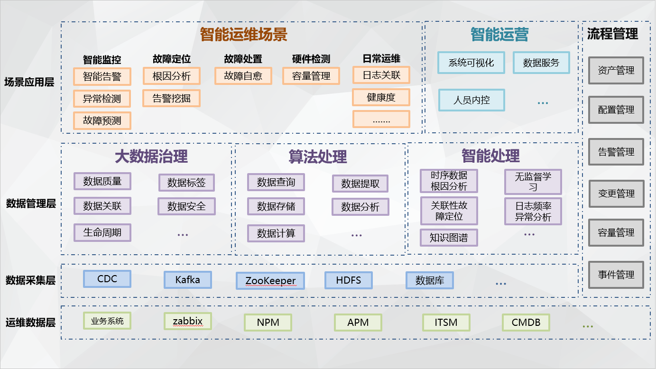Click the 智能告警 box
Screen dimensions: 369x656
tap(102, 76)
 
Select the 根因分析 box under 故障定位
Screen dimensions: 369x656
tap(171, 76)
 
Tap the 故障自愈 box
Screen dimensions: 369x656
tap(243, 76)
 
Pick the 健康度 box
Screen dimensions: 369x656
tap(381, 97)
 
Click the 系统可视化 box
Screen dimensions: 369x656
tap(471, 63)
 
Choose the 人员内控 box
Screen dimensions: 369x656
tap(471, 100)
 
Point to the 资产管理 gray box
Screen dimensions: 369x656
tap(616, 71)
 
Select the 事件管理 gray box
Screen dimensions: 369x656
tap(616, 275)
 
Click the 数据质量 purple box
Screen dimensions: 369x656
tap(102, 181)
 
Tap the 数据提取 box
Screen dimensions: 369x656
tap(360, 184)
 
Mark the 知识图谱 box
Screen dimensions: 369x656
tap(449, 238)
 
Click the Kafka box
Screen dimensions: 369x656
tap(187, 280)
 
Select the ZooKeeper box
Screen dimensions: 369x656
tap(270, 281)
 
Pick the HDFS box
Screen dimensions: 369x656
tap(348, 280)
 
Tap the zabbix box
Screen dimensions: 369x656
tap(187, 322)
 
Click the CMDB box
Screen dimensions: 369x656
tap(526, 323)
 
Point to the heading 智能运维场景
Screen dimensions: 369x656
tap(243, 35)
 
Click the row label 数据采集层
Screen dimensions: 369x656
tap(30, 280)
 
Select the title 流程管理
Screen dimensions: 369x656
tap(612, 34)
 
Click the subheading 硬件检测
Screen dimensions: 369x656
tap(311, 59)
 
